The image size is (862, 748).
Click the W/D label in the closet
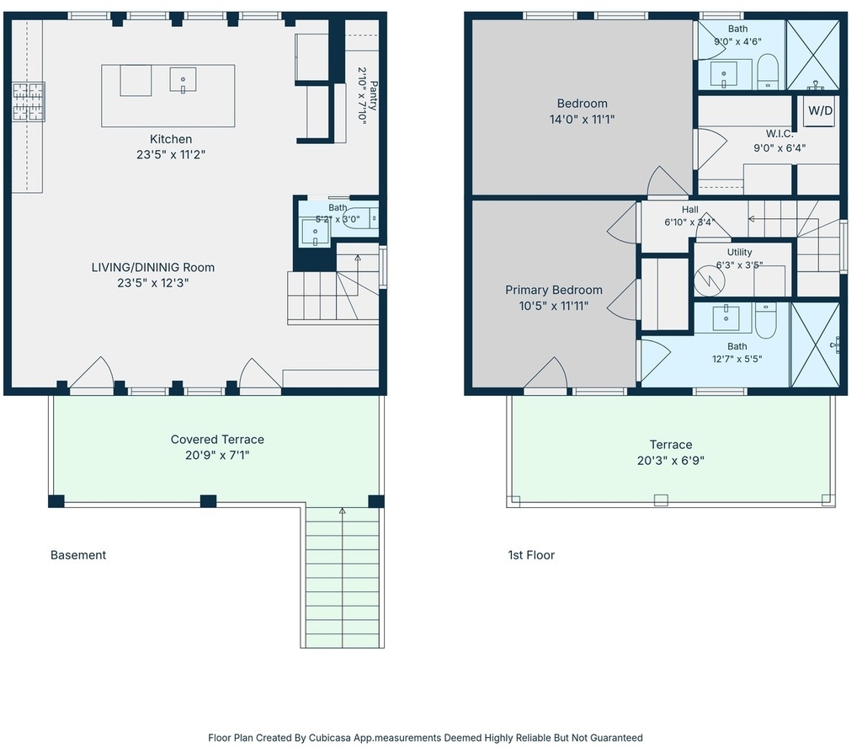(x=820, y=110)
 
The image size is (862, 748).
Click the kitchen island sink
(x=183, y=80)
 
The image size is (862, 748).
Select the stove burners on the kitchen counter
(x=29, y=102)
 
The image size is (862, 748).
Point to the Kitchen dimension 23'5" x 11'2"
(x=171, y=154)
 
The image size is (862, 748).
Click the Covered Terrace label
(x=217, y=440)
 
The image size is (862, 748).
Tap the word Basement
(x=78, y=555)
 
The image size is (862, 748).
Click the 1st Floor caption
(x=531, y=555)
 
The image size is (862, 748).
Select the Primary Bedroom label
(x=554, y=290)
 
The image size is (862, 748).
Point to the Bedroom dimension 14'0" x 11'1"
(x=583, y=119)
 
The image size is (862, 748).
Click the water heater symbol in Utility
(x=709, y=280)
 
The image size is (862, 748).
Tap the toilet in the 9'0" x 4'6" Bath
(x=768, y=72)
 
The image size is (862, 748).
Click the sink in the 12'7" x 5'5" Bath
(x=726, y=318)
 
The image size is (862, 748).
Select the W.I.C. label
(x=780, y=134)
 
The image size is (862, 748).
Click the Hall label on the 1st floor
(x=690, y=210)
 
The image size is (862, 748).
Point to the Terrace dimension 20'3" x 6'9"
(x=671, y=461)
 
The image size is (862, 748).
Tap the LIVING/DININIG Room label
(x=153, y=267)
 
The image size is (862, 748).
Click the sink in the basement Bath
(x=316, y=232)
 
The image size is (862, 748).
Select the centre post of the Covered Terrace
(x=208, y=501)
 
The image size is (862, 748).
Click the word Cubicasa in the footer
(x=330, y=738)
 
